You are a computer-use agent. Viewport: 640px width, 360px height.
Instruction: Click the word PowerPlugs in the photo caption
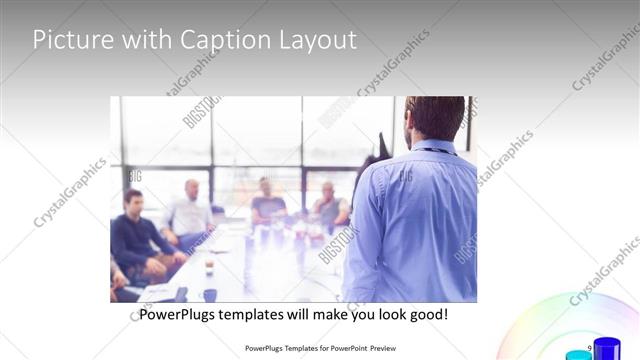[178, 315]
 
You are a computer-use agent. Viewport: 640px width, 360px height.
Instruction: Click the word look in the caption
[381, 315]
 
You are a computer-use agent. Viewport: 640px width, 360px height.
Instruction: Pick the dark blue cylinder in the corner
[606, 350]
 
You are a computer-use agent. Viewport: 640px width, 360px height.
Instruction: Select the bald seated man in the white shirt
[190, 212]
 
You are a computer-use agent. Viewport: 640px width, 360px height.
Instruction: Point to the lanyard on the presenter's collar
[432, 151]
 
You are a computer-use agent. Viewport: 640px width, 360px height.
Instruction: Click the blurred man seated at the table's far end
[267, 200]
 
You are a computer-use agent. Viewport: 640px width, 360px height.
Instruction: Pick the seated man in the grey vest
[329, 207]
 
